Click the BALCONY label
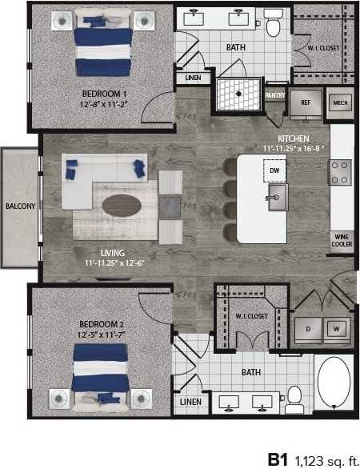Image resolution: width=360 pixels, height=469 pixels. [20, 206]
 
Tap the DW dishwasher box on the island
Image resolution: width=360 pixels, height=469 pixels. [273, 170]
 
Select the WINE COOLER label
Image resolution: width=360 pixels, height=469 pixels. [342, 240]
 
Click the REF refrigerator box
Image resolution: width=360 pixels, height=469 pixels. [305, 103]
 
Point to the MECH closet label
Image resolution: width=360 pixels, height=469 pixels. [339, 103]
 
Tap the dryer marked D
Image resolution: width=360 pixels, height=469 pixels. [308, 328]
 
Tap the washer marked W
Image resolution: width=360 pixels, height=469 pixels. [336, 328]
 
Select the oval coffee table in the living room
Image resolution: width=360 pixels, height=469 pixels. [121, 205]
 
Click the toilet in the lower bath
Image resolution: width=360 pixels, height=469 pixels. [294, 395]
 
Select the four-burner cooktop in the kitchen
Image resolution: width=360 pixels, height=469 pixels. [341, 171]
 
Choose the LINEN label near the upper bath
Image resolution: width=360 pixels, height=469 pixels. [193, 78]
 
